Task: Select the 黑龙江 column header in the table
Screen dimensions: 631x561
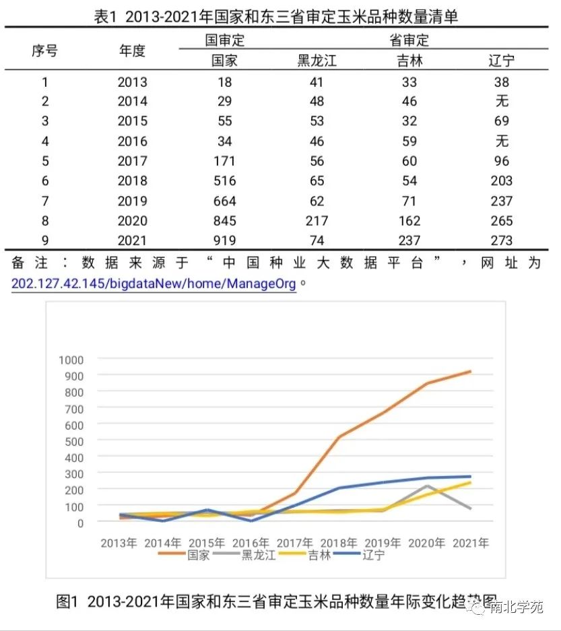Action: [x=317, y=61]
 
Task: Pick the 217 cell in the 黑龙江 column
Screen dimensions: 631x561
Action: [x=317, y=221]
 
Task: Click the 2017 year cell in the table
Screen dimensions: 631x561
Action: [x=132, y=161]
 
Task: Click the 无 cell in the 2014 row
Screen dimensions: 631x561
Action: [x=501, y=102]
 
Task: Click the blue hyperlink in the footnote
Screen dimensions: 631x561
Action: [x=154, y=284]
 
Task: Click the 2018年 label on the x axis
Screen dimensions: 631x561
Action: [x=338, y=542]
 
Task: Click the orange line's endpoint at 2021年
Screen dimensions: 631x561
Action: [x=470, y=372]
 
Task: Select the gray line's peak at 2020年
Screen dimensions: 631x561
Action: [x=426, y=486]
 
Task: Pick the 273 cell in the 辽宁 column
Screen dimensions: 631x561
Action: [x=501, y=240]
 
